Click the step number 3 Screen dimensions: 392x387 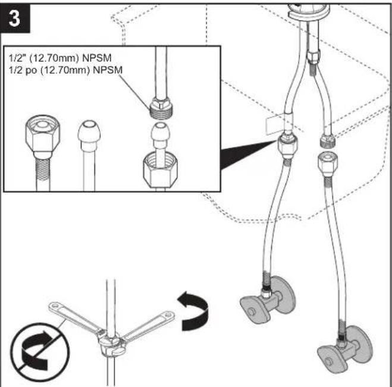tap(14, 18)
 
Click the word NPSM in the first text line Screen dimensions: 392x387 tap(97, 58)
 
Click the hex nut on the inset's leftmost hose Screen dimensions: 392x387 tap(42, 136)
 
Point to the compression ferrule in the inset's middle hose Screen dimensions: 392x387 tap(89, 134)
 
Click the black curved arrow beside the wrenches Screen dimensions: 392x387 tap(193, 311)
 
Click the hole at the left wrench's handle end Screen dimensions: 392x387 tap(55, 306)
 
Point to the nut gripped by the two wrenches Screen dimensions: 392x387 tap(110, 345)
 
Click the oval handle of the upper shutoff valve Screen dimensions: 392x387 tap(252, 310)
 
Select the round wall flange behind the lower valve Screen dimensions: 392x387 tap(360, 344)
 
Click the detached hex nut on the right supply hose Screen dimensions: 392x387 tap(328, 165)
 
